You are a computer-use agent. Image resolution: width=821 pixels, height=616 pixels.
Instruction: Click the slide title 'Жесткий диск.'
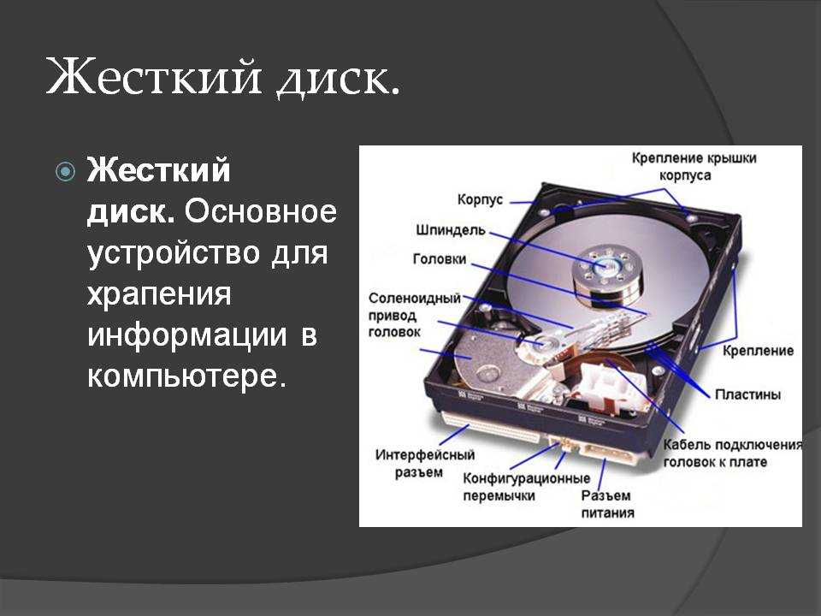point(223,79)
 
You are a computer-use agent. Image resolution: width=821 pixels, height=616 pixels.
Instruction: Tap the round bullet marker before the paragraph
point(65,171)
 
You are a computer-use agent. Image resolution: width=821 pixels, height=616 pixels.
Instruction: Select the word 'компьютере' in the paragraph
point(187,376)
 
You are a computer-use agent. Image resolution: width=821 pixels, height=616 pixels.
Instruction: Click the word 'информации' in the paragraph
point(187,335)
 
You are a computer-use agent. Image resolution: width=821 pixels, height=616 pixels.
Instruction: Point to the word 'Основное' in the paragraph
point(260,211)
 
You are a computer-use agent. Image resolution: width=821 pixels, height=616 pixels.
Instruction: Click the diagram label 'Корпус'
point(480,199)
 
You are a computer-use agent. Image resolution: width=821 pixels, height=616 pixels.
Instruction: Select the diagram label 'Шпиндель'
point(451,230)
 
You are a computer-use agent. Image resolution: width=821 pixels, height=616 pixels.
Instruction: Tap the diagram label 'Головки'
point(440,258)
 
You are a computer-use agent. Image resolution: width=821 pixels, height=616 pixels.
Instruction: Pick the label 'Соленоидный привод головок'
point(415,315)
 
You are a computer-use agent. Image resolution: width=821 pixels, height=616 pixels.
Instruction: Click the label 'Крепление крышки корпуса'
point(694,166)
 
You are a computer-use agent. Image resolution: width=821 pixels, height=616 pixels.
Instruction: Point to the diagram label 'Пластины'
point(747,394)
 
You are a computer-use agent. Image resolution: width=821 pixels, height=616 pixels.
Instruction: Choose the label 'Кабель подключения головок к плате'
point(733,453)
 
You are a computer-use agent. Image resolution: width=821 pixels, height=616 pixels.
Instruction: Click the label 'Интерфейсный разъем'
point(425,463)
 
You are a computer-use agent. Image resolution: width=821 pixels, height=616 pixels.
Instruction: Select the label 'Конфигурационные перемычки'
point(526,487)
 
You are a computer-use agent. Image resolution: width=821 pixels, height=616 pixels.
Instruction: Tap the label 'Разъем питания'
point(607,504)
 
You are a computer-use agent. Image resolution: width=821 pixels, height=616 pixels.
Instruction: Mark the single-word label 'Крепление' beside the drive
point(759,351)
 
